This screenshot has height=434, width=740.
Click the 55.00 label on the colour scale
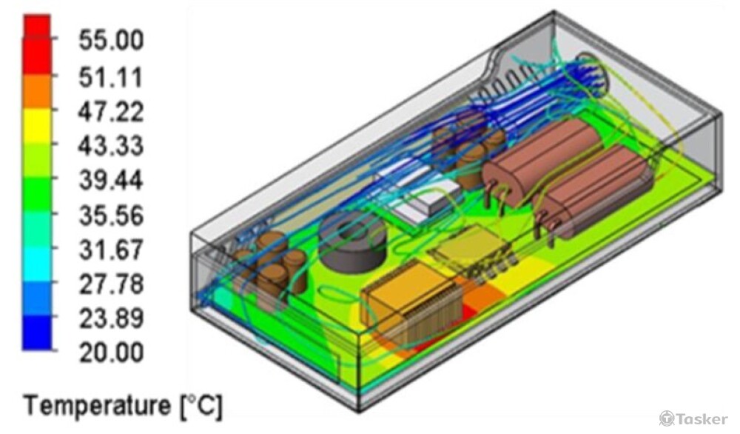coord(111,40)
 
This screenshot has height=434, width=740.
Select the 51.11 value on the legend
coord(111,77)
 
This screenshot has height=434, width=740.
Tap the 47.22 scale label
coord(111,112)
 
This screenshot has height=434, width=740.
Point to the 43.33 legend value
coord(111,146)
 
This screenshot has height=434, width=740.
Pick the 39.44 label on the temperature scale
coord(111,181)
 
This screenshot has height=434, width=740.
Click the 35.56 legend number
coord(111,216)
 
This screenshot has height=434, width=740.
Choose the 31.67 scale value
coord(111,250)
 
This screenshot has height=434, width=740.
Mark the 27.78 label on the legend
coord(111,284)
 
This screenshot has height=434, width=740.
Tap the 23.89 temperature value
coord(111,318)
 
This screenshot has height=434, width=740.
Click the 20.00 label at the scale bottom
coord(111,353)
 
